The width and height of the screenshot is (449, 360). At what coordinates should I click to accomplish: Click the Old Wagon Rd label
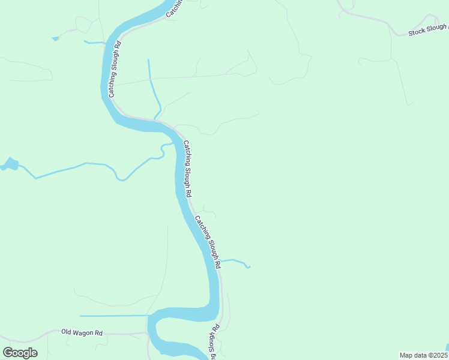click(82, 332)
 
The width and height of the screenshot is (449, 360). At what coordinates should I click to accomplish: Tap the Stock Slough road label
click(427, 30)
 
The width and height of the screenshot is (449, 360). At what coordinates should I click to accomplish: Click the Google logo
click(20, 353)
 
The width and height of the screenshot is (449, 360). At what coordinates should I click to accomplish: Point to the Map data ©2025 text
click(423, 355)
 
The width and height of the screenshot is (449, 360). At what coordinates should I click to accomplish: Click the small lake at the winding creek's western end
click(10, 164)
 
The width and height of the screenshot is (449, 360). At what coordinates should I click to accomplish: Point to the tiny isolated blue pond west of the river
click(55, 38)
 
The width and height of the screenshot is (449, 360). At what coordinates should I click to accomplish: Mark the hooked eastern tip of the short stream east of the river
click(248, 266)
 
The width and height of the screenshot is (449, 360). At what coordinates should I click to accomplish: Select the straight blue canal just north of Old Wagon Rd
click(114, 316)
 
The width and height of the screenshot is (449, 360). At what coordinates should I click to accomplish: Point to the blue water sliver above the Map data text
click(447, 347)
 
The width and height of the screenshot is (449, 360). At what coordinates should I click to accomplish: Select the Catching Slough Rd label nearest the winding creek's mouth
click(187, 169)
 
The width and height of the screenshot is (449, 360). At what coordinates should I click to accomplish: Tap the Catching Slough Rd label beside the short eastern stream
click(208, 241)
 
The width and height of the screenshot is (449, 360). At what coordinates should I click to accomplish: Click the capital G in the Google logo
click(8, 353)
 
